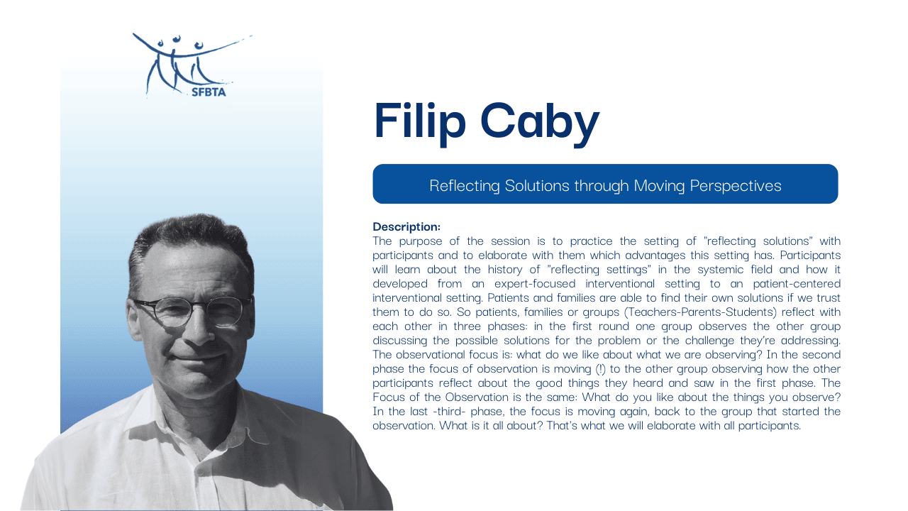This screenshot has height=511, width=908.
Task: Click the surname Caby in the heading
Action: (540, 123)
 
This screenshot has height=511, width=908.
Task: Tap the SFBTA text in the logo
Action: (209, 92)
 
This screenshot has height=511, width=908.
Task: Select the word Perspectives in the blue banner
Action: (736, 186)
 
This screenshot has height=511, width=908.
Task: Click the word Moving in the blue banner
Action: (659, 186)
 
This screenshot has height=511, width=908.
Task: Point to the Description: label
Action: (406, 226)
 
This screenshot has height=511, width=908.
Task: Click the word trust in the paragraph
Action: (829, 297)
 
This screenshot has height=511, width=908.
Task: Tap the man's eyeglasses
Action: (192, 311)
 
